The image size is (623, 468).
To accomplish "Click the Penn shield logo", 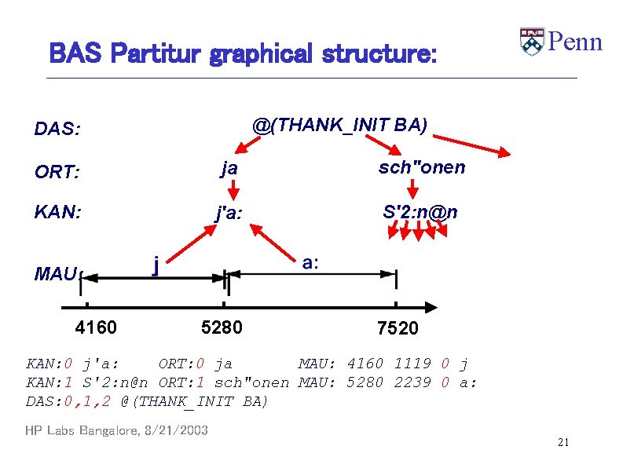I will point(532,42).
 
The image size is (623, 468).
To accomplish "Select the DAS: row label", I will point(57,129).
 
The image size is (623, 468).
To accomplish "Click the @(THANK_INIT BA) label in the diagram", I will point(339,124).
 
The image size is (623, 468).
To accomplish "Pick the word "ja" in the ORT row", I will point(229,167).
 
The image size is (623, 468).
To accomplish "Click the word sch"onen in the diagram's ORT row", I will point(422,167).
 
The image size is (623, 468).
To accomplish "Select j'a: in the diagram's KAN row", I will point(229,212).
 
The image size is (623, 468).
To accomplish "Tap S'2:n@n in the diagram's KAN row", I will point(420,211).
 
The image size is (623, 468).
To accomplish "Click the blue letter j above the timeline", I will point(156,265).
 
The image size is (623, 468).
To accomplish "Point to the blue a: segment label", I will point(310,263).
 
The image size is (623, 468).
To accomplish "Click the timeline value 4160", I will point(96,327).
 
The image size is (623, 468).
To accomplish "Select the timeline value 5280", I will point(222,327).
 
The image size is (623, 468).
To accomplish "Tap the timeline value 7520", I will point(398,328).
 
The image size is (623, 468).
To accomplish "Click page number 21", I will point(563,444).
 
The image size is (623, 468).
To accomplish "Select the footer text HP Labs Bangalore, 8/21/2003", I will point(116,430).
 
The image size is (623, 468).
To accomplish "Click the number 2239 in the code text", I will point(412,382).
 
